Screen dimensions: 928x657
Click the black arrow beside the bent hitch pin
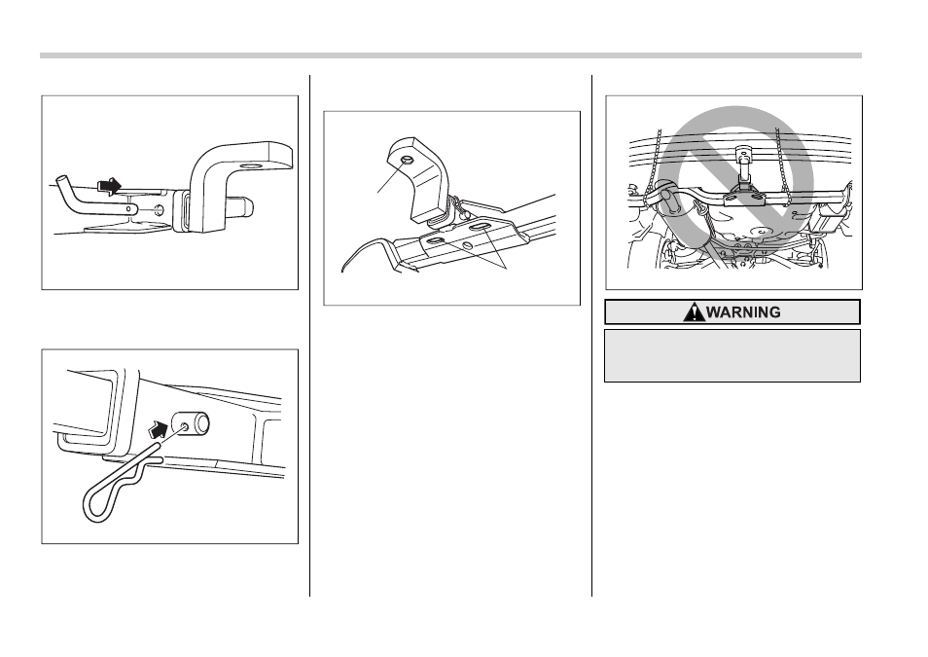[x=109, y=186]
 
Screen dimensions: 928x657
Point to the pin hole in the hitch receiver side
[x=158, y=209]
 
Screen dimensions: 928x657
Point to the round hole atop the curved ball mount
[x=408, y=160]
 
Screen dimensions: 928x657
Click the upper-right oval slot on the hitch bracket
[x=479, y=227]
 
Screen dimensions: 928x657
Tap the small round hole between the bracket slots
[x=468, y=244]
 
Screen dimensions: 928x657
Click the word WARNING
[x=743, y=312]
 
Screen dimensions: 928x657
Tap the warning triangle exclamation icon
[x=693, y=311]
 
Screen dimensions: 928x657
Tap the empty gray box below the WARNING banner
[x=732, y=356]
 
